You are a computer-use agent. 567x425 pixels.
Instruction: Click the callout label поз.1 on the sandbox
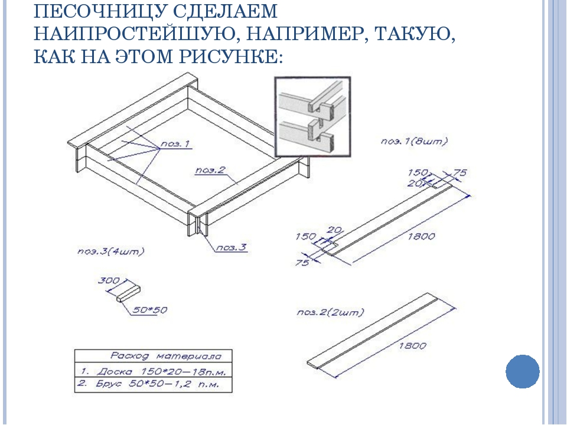click(175, 144)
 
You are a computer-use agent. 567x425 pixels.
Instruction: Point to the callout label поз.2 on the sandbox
click(210, 170)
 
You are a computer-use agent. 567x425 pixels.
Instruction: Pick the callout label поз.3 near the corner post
click(232, 247)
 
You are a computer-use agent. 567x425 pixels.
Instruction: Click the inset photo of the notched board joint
click(312, 117)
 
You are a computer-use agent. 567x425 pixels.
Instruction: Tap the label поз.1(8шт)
click(414, 141)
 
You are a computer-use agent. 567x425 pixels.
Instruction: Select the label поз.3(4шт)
click(110, 251)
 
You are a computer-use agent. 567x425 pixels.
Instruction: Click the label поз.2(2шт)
click(330, 312)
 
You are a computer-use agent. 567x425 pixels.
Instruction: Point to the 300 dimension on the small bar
click(109, 280)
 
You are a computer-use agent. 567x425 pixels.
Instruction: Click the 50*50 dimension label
click(149, 310)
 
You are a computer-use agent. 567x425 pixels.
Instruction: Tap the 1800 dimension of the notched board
click(421, 236)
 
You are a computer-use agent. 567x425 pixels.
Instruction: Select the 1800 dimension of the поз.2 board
click(412, 346)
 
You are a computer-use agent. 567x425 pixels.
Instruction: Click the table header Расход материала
click(165, 356)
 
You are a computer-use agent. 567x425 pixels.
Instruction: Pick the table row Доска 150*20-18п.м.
click(154, 371)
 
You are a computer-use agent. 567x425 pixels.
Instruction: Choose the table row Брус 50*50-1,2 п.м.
click(154, 384)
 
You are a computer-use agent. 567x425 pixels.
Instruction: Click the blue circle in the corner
click(523, 371)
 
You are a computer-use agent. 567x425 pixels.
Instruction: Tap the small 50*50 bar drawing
click(128, 293)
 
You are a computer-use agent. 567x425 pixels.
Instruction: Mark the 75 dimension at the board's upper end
click(460, 173)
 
